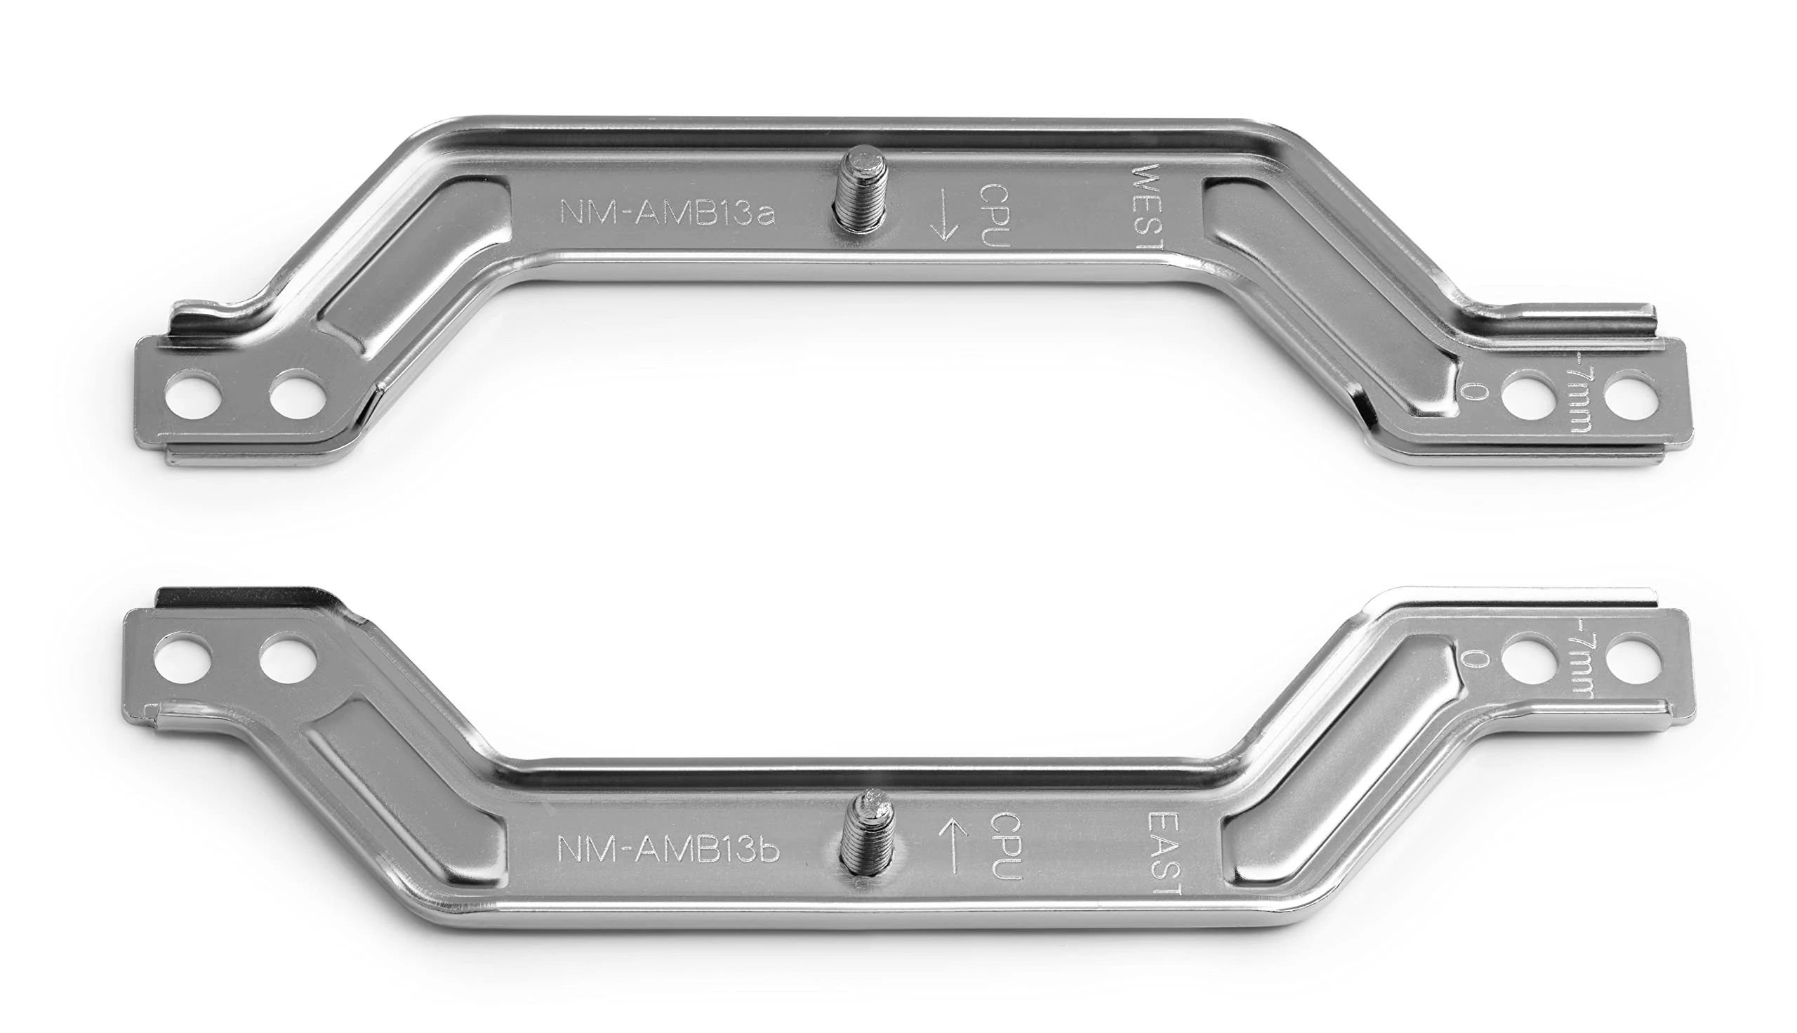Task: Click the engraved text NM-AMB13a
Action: point(668,212)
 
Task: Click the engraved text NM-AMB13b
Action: point(668,849)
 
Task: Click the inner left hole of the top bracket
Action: point(297,395)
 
